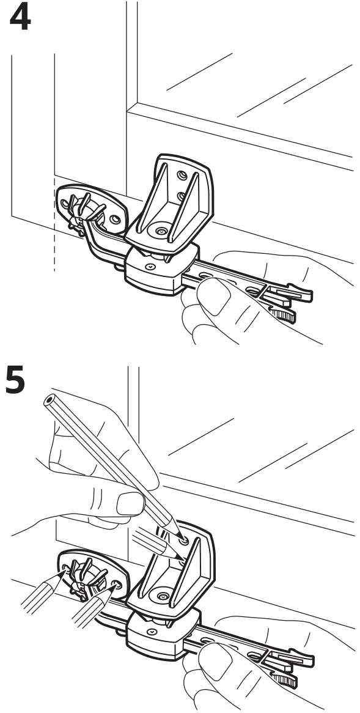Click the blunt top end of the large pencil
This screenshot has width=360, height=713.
coord(48,401)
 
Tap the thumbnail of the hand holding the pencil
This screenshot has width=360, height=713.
coord(131,504)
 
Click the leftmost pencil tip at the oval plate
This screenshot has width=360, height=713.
coord(65,570)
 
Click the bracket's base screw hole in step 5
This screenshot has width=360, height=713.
coord(162,595)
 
